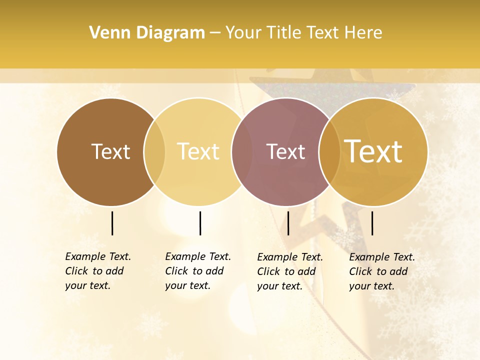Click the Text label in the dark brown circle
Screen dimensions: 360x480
pos(110,151)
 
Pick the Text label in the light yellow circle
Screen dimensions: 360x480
pos(198,151)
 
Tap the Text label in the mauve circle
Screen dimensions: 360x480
pos(285,151)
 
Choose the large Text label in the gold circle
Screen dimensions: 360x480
pos(373,151)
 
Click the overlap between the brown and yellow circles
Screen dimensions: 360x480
pos(154,152)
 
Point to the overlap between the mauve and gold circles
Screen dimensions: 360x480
pos(329,152)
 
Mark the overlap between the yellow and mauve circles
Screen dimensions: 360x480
pos(242,152)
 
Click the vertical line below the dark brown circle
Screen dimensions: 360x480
pos(112,223)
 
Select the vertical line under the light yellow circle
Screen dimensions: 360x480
pos(200,223)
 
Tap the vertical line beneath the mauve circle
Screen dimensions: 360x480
pos(288,223)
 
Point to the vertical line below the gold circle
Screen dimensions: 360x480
pos(372,223)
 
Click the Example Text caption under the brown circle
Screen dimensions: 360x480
pos(98,271)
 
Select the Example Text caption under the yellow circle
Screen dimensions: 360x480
pos(198,271)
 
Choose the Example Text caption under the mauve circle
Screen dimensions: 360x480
pos(290,271)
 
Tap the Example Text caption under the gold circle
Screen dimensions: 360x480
pos(382,271)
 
